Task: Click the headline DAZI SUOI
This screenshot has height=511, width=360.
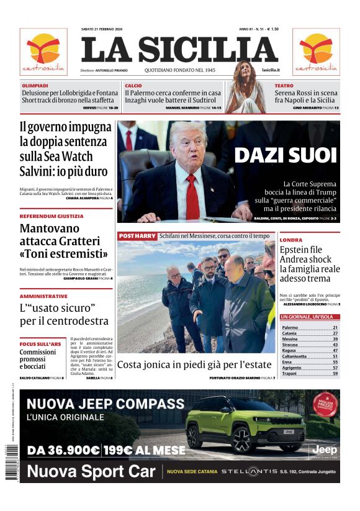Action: coord(285,155)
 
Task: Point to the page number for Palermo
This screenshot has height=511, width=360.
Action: coord(335,327)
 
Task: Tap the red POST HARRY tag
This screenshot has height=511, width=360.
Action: coord(137,237)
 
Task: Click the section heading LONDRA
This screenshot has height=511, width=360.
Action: coord(291,240)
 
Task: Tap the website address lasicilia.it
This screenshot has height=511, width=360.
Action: coord(271,70)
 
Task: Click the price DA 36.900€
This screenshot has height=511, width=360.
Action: coord(64,450)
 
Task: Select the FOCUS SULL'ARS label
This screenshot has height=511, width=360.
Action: coord(40,343)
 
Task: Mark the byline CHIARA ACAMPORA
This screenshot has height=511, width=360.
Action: coord(82,198)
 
